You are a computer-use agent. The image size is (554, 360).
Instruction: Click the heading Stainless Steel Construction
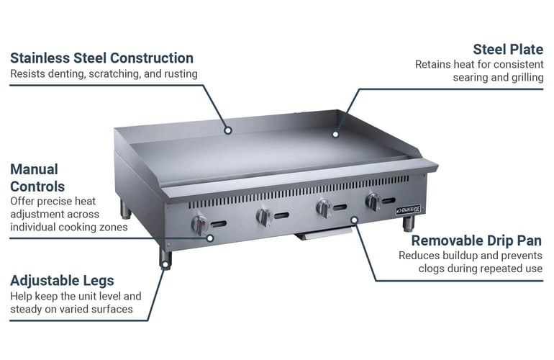[101, 58]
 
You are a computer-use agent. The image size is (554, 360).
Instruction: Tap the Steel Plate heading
[507, 49]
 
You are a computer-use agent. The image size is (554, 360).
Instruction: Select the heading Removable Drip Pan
[476, 240]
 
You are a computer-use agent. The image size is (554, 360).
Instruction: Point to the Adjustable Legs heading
[62, 281]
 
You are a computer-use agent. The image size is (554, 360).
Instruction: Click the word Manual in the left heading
[34, 169]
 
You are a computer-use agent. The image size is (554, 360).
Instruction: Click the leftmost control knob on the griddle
[199, 225]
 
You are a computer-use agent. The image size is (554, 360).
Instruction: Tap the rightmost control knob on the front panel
[373, 202]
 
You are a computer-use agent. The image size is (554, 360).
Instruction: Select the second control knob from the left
[264, 217]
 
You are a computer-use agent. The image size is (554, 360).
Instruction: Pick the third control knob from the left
[323, 209]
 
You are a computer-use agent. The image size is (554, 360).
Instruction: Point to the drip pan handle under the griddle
[324, 234]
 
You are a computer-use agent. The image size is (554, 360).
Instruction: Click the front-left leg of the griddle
[165, 256]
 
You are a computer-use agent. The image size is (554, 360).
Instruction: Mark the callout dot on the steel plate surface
[335, 133]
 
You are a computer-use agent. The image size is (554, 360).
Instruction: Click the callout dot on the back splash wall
[227, 130]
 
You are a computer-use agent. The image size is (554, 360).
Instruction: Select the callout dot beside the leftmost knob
[210, 237]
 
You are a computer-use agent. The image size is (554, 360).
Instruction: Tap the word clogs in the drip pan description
[433, 269]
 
